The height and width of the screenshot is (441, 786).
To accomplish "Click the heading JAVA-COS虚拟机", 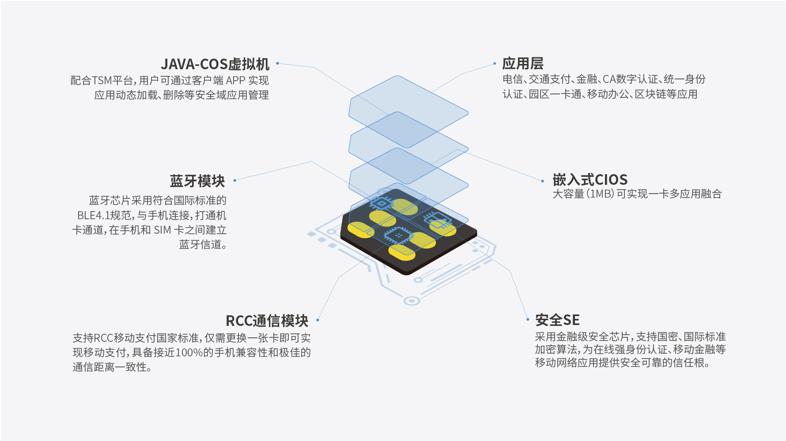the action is (x=215, y=64).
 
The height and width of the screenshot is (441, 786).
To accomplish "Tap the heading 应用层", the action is (x=523, y=64).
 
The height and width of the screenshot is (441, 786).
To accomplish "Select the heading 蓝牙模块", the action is (x=197, y=181).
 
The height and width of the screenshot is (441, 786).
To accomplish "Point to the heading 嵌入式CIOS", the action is (x=590, y=179).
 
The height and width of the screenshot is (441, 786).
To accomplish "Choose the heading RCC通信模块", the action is (x=267, y=321).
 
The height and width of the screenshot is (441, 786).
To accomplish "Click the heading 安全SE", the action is (x=557, y=320).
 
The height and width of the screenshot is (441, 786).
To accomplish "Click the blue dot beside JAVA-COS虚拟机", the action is (x=277, y=64).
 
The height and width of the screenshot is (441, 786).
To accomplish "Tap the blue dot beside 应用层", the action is (x=495, y=64).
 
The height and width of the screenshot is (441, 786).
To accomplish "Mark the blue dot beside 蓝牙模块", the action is (x=234, y=180).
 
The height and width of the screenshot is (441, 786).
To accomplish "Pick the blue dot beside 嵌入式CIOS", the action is (x=543, y=181).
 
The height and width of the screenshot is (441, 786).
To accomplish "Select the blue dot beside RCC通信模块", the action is (x=317, y=320).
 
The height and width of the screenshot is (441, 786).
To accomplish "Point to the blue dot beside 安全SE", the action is (x=528, y=319).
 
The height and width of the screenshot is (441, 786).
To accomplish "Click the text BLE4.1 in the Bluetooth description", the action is (x=93, y=216).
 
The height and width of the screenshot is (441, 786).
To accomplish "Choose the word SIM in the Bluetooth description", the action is (x=162, y=230).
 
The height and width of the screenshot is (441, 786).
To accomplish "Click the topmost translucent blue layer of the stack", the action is (x=408, y=112).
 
